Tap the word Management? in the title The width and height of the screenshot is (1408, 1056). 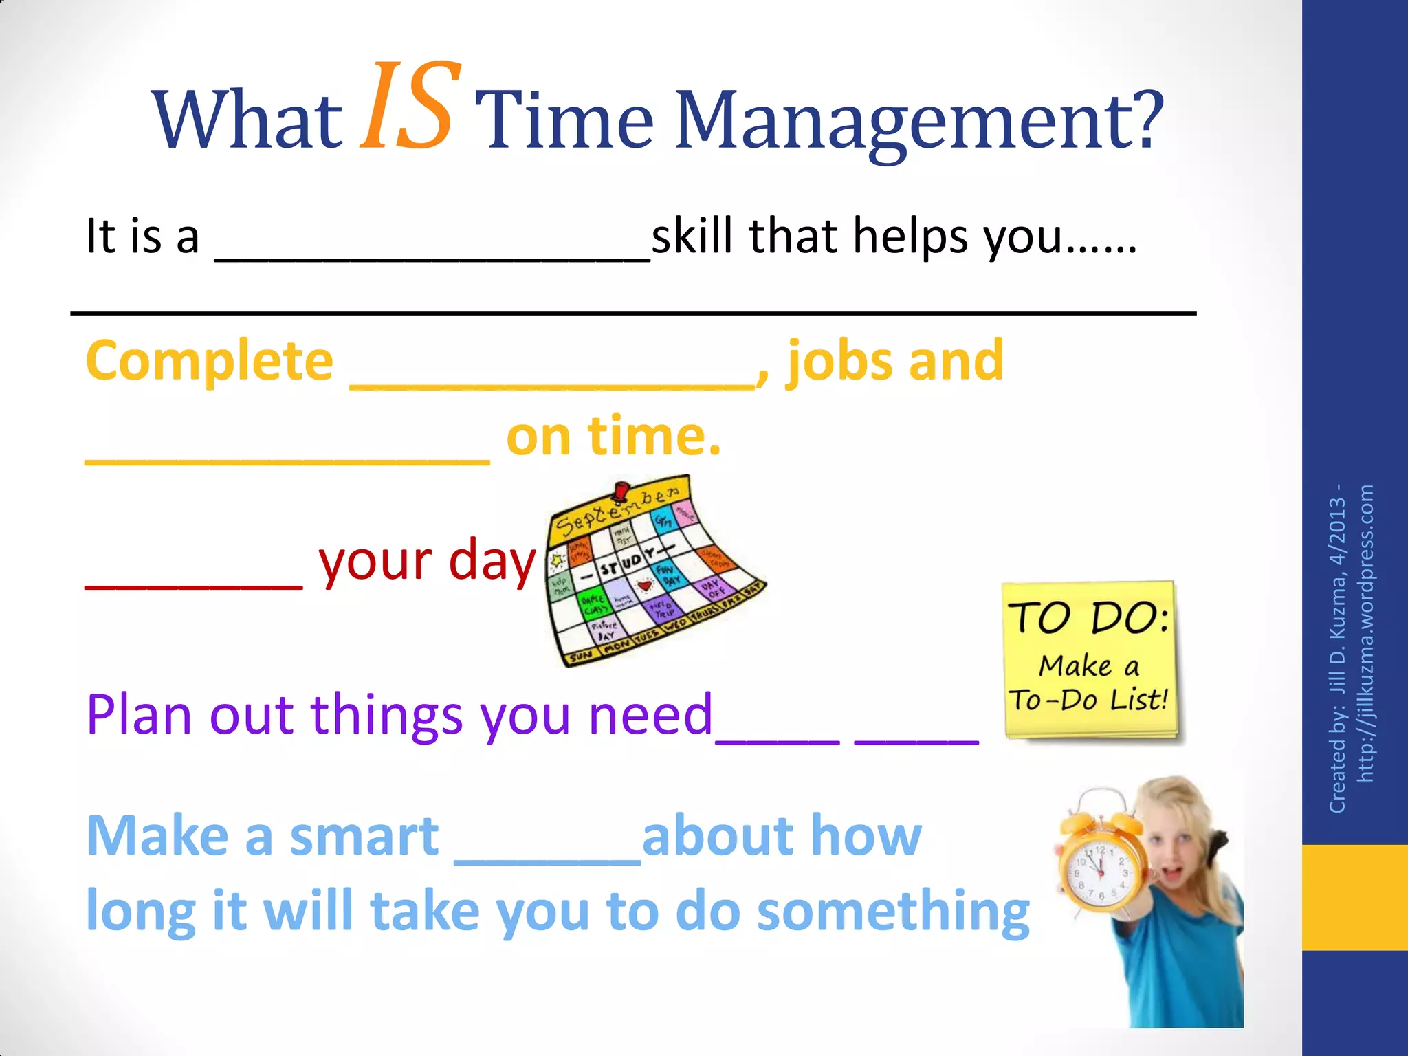point(918,121)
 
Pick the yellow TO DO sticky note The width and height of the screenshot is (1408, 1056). point(1090,660)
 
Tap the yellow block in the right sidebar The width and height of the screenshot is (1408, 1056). point(1354,897)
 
